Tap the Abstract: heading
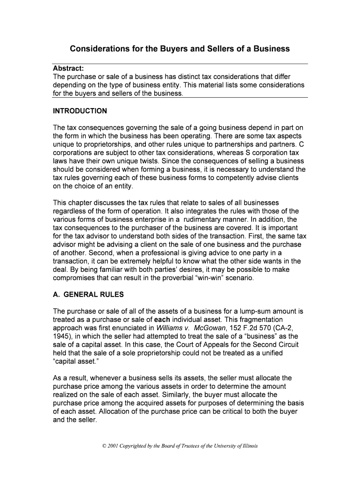[x=68, y=69]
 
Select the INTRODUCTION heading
[x=80, y=111]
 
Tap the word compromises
[x=77, y=277]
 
